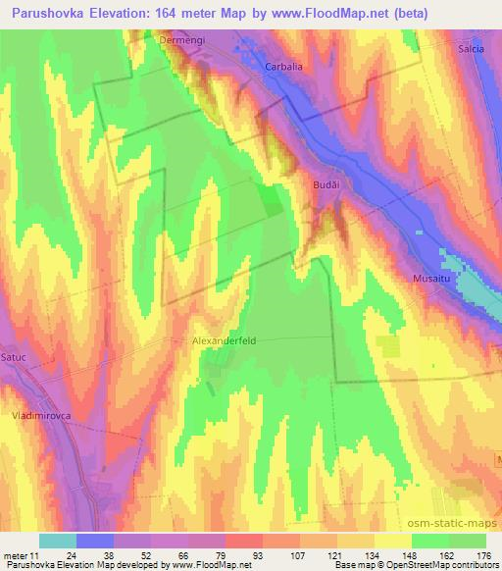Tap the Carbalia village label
point(285,67)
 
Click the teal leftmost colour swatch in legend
point(57,541)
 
